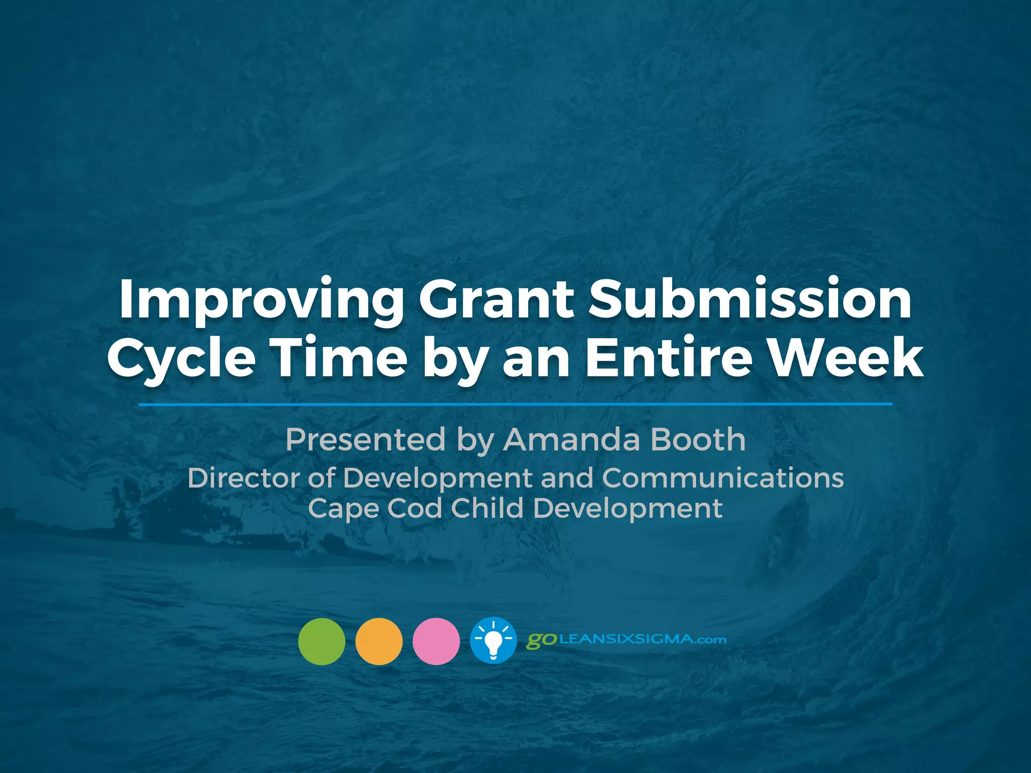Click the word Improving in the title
click(x=260, y=301)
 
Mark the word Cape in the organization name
click(x=343, y=508)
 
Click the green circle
click(x=322, y=641)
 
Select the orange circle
click(x=379, y=641)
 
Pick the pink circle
click(x=436, y=641)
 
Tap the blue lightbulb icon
click(x=493, y=641)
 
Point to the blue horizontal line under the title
click(x=515, y=404)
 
